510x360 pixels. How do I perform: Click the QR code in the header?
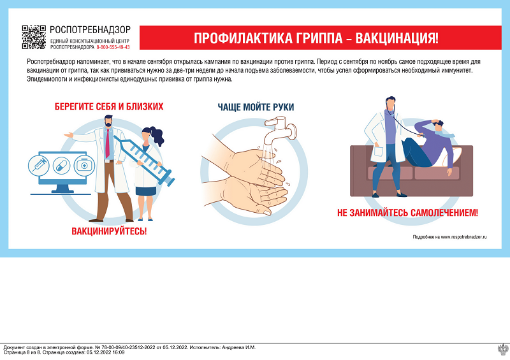click(34, 37)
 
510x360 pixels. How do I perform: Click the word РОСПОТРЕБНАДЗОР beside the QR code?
click(90, 29)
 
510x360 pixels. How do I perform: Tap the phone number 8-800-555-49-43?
click(113, 47)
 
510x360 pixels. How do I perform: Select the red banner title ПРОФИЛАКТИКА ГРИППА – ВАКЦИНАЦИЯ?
click(316, 38)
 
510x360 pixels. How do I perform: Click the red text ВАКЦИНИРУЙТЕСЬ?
click(109, 230)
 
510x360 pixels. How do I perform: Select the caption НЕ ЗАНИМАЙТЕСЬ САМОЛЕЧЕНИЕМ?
click(407, 213)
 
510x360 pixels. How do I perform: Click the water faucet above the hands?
click(282, 133)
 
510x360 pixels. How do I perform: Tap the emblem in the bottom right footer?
click(502, 349)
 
